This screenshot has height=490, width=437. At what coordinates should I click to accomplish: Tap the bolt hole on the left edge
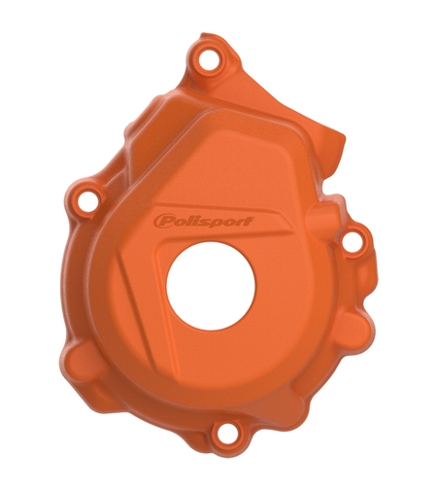[x=88, y=201]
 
